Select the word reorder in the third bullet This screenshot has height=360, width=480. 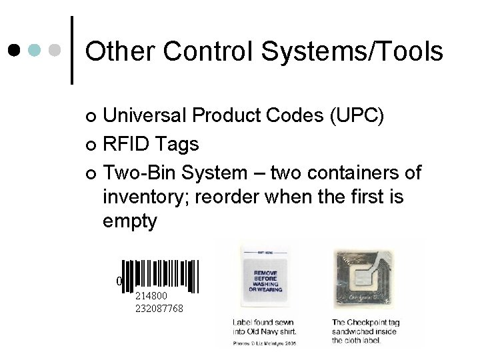coord(242,198)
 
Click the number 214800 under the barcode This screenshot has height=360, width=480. coord(151,295)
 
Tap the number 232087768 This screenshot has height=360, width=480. coord(159,309)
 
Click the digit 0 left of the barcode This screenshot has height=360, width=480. coord(119,281)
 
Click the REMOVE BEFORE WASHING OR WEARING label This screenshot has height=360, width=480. coord(265,281)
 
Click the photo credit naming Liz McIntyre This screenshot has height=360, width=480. coord(265,343)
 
